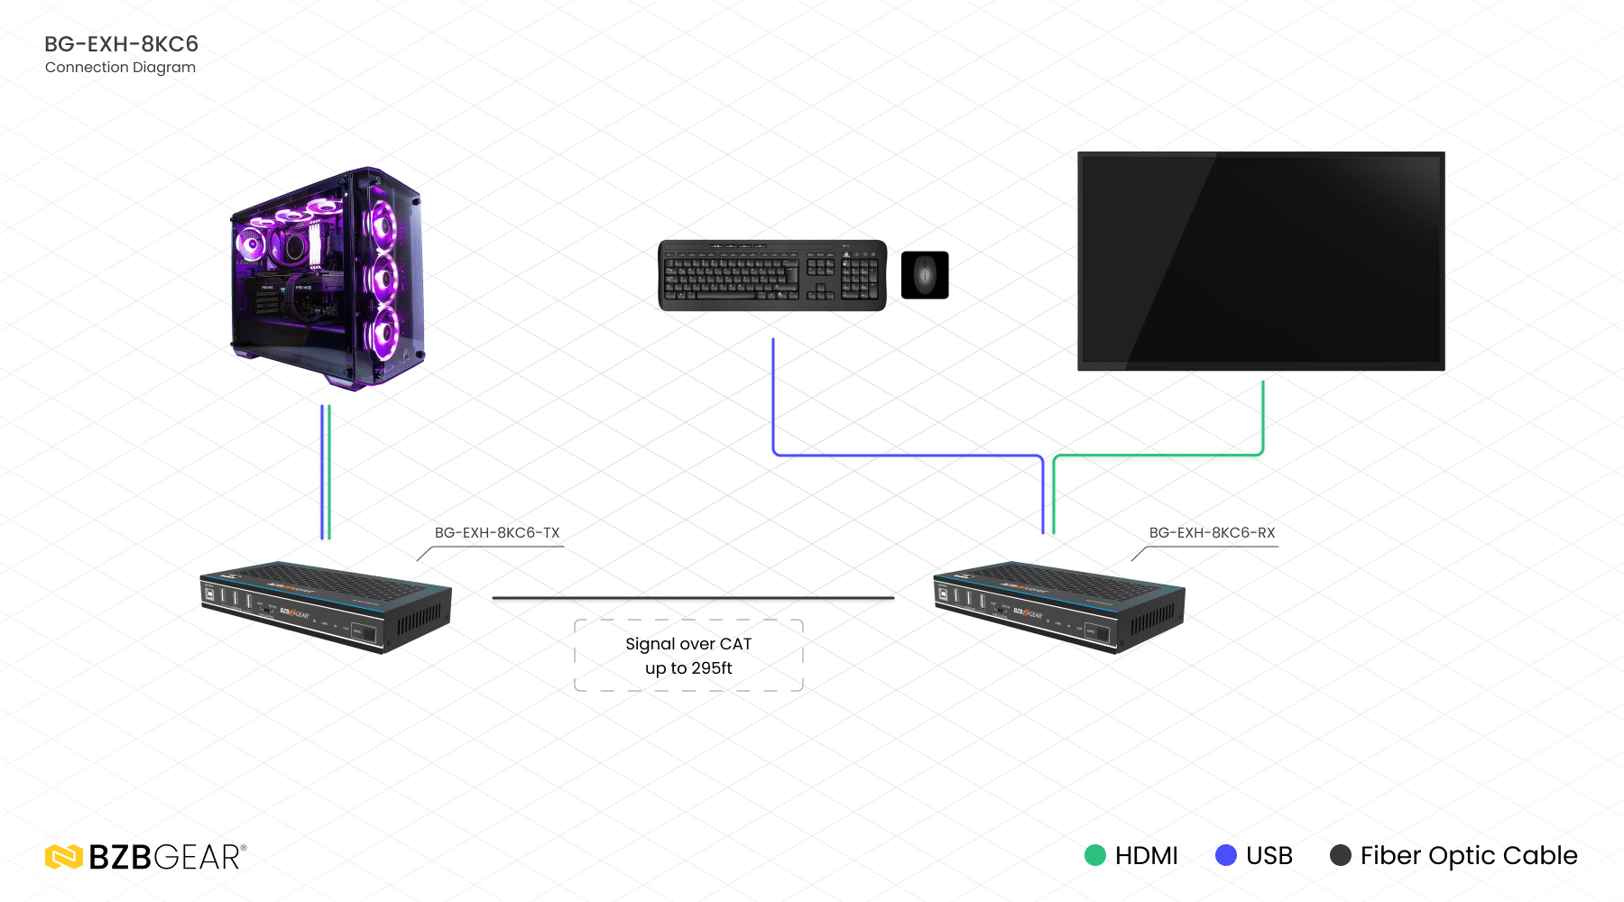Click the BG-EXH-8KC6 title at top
point(121,44)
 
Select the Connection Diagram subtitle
point(120,68)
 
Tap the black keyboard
point(772,275)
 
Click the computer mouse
point(925,274)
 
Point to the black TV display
point(1260,261)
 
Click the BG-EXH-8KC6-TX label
point(497,533)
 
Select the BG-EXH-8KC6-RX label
point(1212,533)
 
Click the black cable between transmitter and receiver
point(693,597)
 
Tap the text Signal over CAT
point(688,644)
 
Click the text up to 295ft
point(688,668)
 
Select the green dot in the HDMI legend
point(1094,855)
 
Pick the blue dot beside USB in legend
point(1226,855)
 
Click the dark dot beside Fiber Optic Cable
point(1341,855)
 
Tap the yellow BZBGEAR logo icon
point(64,857)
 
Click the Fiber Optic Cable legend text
point(1469,855)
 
